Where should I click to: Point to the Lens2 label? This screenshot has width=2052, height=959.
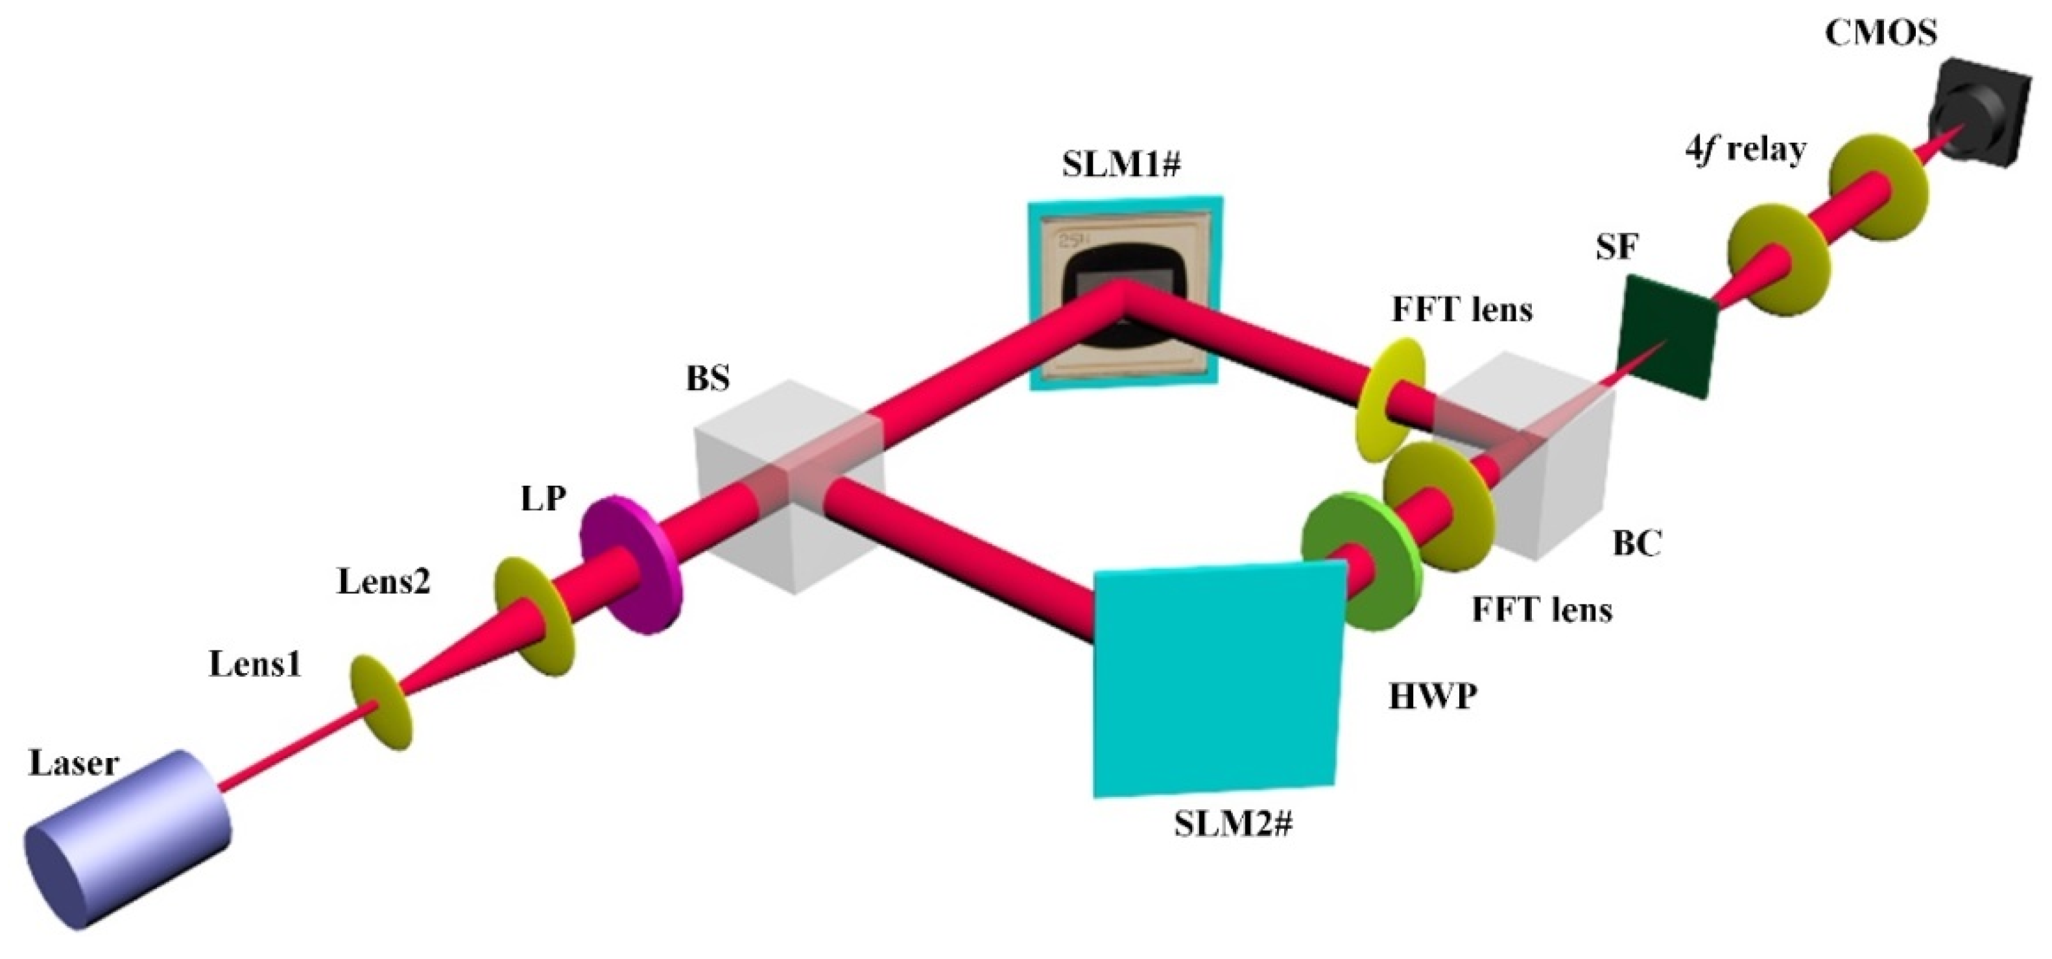(x=383, y=582)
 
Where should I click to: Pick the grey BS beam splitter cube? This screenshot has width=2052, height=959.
(x=789, y=486)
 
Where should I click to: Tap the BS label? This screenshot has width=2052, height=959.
(x=708, y=378)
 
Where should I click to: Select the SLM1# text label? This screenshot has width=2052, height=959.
(x=1121, y=164)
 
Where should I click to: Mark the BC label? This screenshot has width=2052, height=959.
(x=1637, y=543)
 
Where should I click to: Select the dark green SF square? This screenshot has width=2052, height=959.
(x=1665, y=335)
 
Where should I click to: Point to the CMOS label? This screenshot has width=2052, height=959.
(x=1881, y=34)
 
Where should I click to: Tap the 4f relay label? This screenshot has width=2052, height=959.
(x=1745, y=149)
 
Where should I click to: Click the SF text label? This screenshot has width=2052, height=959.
(x=1616, y=248)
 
